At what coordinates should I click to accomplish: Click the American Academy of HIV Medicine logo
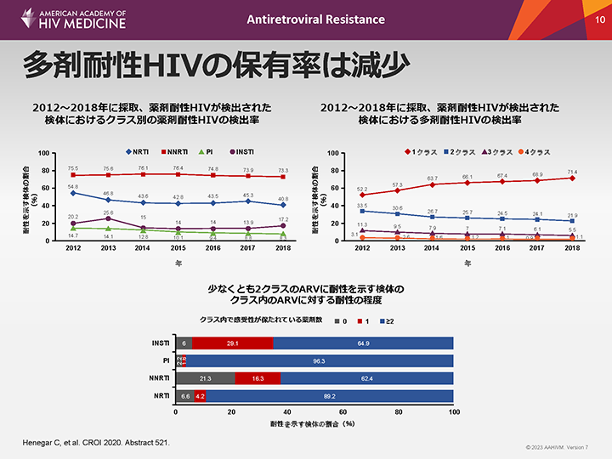[x=65, y=20]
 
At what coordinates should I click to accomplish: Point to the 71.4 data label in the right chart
[x=572, y=171]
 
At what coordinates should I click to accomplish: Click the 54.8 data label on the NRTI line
[x=73, y=186]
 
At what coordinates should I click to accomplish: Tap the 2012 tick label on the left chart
[x=73, y=248]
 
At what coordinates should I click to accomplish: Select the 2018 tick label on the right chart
[x=572, y=248]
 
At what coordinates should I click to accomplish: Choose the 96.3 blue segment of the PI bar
[x=320, y=360]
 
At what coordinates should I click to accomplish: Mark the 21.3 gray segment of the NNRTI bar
[x=205, y=378]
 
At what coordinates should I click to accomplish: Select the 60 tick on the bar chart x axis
[x=343, y=413]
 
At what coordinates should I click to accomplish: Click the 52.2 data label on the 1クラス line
[x=362, y=189]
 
